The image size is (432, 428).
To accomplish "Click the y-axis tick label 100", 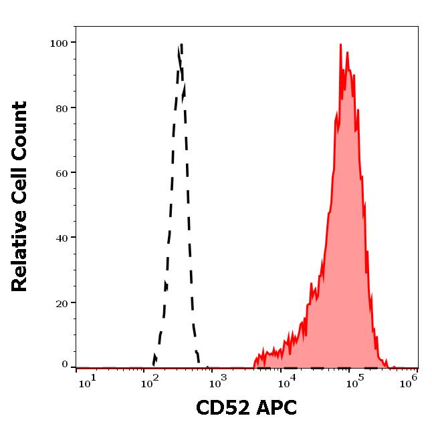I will [x=59, y=43].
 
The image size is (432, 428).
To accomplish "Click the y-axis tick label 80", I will [x=62, y=108].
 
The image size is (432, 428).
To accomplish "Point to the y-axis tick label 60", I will [x=62, y=173].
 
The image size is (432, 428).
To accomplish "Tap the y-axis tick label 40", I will [x=62, y=238].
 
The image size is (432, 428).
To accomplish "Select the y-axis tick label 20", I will [x=62, y=302].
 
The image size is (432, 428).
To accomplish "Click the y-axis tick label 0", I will [x=65, y=365].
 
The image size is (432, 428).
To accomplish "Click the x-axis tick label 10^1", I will [x=88, y=381].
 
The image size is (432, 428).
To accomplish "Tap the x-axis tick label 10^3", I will [x=219, y=381].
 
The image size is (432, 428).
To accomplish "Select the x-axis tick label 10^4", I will [x=287, y=381].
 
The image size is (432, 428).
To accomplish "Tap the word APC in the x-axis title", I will [x=274, y=407].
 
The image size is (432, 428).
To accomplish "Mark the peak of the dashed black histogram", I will [x=181, y=45].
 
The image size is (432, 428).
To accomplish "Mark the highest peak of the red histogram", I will [x=340, y=45].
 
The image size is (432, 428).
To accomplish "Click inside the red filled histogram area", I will [x=344, y=234].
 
